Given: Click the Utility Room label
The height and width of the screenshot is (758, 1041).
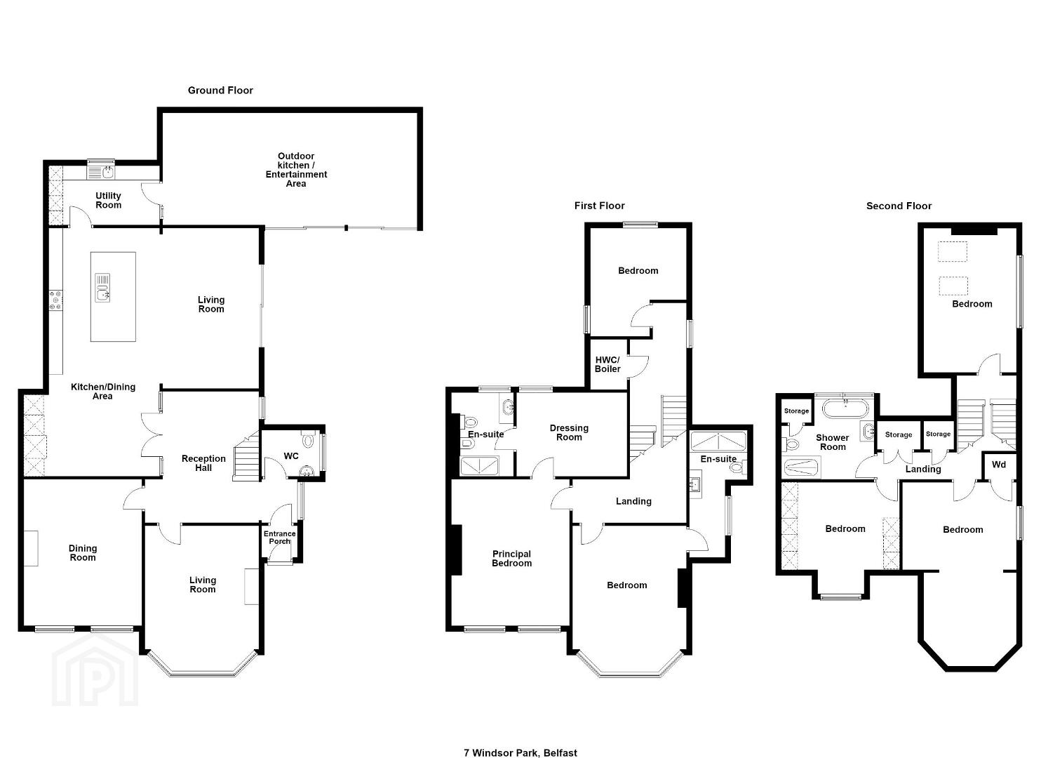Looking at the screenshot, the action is pyautogui.click(x=108, y=201).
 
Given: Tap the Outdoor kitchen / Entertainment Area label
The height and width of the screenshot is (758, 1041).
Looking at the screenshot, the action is pyautogui.click(x=296, y=170).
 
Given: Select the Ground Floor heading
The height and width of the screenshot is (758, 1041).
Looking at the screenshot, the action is pyautogui.click(x=220, y=91).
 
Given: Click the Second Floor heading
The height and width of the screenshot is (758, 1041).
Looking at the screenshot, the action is pyautogui.click(x=899, y=206).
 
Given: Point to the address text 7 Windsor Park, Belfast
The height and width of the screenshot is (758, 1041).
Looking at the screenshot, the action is pyautogui.click(x=520, y=740).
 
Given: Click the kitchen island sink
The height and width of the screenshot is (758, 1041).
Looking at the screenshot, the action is pyautogui.click(x=102, y=287).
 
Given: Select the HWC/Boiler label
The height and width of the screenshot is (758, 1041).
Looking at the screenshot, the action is pyautogui.click(x=607, y=364).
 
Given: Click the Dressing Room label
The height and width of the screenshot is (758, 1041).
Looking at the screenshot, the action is pyautogui.click(x=569, y=432).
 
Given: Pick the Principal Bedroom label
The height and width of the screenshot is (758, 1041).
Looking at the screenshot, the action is pyautogui.click(x=511, y=559).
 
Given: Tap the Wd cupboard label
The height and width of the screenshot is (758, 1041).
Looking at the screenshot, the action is pyautogui.click(x=999, y=465).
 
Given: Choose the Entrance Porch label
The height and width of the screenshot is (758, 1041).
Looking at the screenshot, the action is pyautogui.click(x=279, y=538).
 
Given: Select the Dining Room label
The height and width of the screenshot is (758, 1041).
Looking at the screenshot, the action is pyautogui.click(x=83, y=553).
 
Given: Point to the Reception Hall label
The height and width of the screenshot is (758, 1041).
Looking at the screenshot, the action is pyautogui.click(x=203, y=463).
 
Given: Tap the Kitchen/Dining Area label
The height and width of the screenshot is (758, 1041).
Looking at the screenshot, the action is pyautogui.click(x=102, y=392).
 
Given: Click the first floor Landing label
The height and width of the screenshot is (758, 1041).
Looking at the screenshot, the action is pyautogui.click(x=633, y=501).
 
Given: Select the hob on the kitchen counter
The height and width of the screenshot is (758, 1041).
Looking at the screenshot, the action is pyautogui.click(x=56, y=300).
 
